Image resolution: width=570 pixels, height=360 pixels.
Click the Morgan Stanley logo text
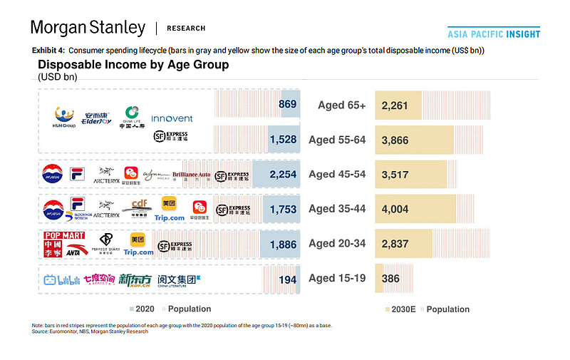[x=88, y=28]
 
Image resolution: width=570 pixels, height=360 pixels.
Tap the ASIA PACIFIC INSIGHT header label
[x=493, y=34]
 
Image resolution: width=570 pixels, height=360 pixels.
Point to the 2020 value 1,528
[x=282, y=140]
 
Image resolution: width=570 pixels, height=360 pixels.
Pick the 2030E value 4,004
[x=395, y=209]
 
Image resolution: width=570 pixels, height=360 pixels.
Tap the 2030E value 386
[x=391, y=279]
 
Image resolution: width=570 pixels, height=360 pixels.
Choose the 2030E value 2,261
[x=395, y=106]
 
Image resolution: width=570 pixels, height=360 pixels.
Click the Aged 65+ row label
[x=341, y=106]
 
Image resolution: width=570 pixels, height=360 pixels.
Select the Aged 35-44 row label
[x=337, y=209]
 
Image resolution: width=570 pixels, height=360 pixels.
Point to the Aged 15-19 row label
[x=337, y=279]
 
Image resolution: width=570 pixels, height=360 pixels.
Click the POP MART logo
[x=64, y=235]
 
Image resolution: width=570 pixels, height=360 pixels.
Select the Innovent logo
[x=171, y=118]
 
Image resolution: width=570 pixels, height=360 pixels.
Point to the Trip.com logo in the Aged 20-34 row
[x=138, y=252]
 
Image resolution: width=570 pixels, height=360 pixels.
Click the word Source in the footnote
[x=41, y=331]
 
